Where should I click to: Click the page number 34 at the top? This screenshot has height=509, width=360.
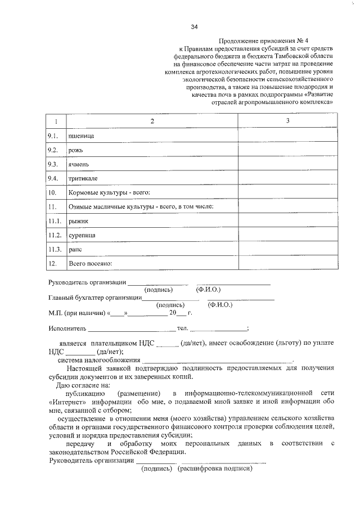click(x=194, y=27)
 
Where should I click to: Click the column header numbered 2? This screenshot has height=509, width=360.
click(x=151, y=121)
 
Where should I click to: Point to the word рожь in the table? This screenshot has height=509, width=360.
click(x=76, y=150)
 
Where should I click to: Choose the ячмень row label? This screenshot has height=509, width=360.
click(x=79, y=164)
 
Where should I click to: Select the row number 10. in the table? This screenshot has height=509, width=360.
click(x=53, y=193)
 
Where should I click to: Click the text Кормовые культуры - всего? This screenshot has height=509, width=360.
click(x=109, y=193)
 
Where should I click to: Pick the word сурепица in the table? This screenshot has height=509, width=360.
click(x=82, y=235)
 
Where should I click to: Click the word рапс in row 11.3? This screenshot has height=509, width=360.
click(x=76, y=249)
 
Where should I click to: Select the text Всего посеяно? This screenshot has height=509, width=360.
click(x=91, y=263)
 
